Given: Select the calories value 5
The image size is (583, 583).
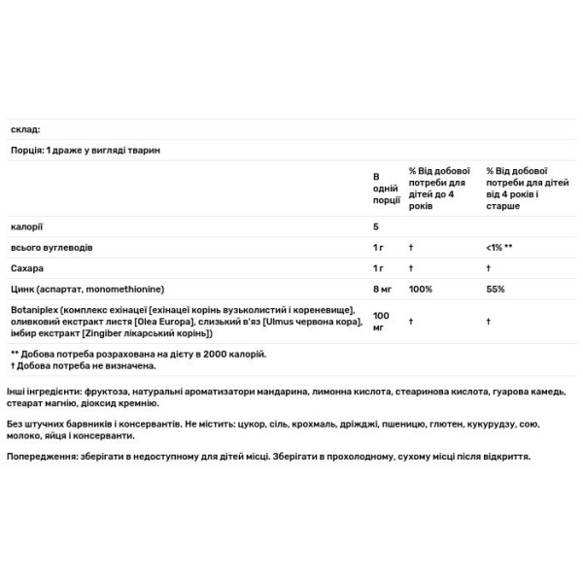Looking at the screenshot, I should tap(376, 226).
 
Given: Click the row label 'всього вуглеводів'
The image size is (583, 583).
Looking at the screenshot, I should tap(51, 248).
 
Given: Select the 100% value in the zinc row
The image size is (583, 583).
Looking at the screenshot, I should tap(421, 289).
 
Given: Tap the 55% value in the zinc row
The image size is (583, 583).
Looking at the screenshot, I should tap(496, 289).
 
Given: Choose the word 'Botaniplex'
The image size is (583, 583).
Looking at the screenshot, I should tap(33, 309).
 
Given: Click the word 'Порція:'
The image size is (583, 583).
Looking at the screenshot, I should tap(25, 151).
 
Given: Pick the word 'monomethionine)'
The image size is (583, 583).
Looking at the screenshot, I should tap(131, 289).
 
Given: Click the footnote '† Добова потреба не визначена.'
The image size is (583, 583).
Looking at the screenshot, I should tap(84, 366).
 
